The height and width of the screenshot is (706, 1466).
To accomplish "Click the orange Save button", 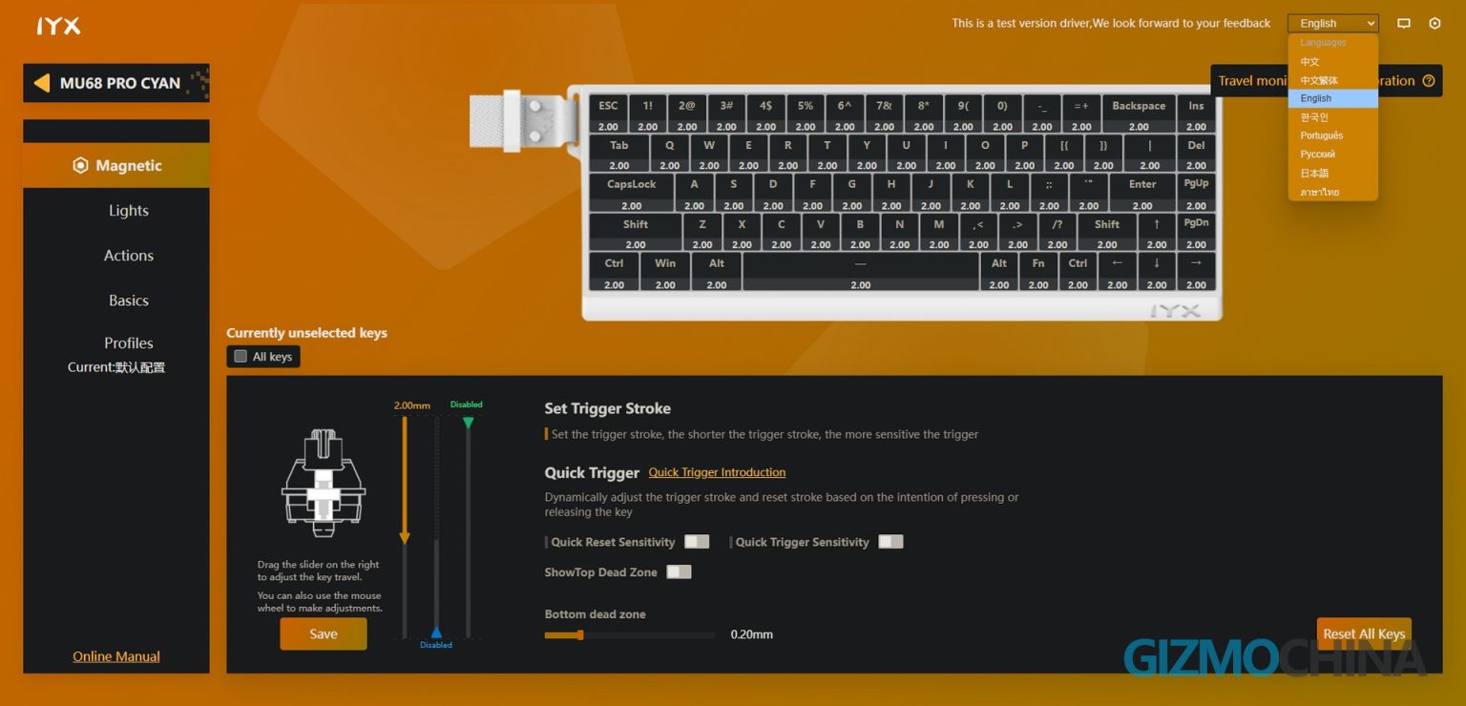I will [323, 633].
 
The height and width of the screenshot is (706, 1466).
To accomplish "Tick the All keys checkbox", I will [241, 357].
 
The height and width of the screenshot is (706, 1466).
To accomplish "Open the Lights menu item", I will [129, 211].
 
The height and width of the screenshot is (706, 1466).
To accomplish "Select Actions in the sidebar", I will [129, 256].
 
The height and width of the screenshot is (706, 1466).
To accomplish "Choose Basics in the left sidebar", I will [129, 301].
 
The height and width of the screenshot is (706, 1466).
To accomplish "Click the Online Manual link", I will [116, 656].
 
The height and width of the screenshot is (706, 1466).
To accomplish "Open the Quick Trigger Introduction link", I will [717, 472].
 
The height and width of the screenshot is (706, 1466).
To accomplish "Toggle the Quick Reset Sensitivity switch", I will [697, 542].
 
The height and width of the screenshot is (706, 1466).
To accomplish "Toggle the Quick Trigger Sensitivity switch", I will [890, 542].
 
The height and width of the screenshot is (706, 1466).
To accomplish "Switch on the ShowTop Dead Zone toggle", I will [679, 572].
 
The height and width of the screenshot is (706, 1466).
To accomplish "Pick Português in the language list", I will [1322, 135].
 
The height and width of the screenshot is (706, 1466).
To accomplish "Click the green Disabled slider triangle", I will [468, 422].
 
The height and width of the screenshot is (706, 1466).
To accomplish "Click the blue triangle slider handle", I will [436, 632].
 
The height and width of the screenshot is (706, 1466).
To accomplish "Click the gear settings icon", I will [1435, 24].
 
